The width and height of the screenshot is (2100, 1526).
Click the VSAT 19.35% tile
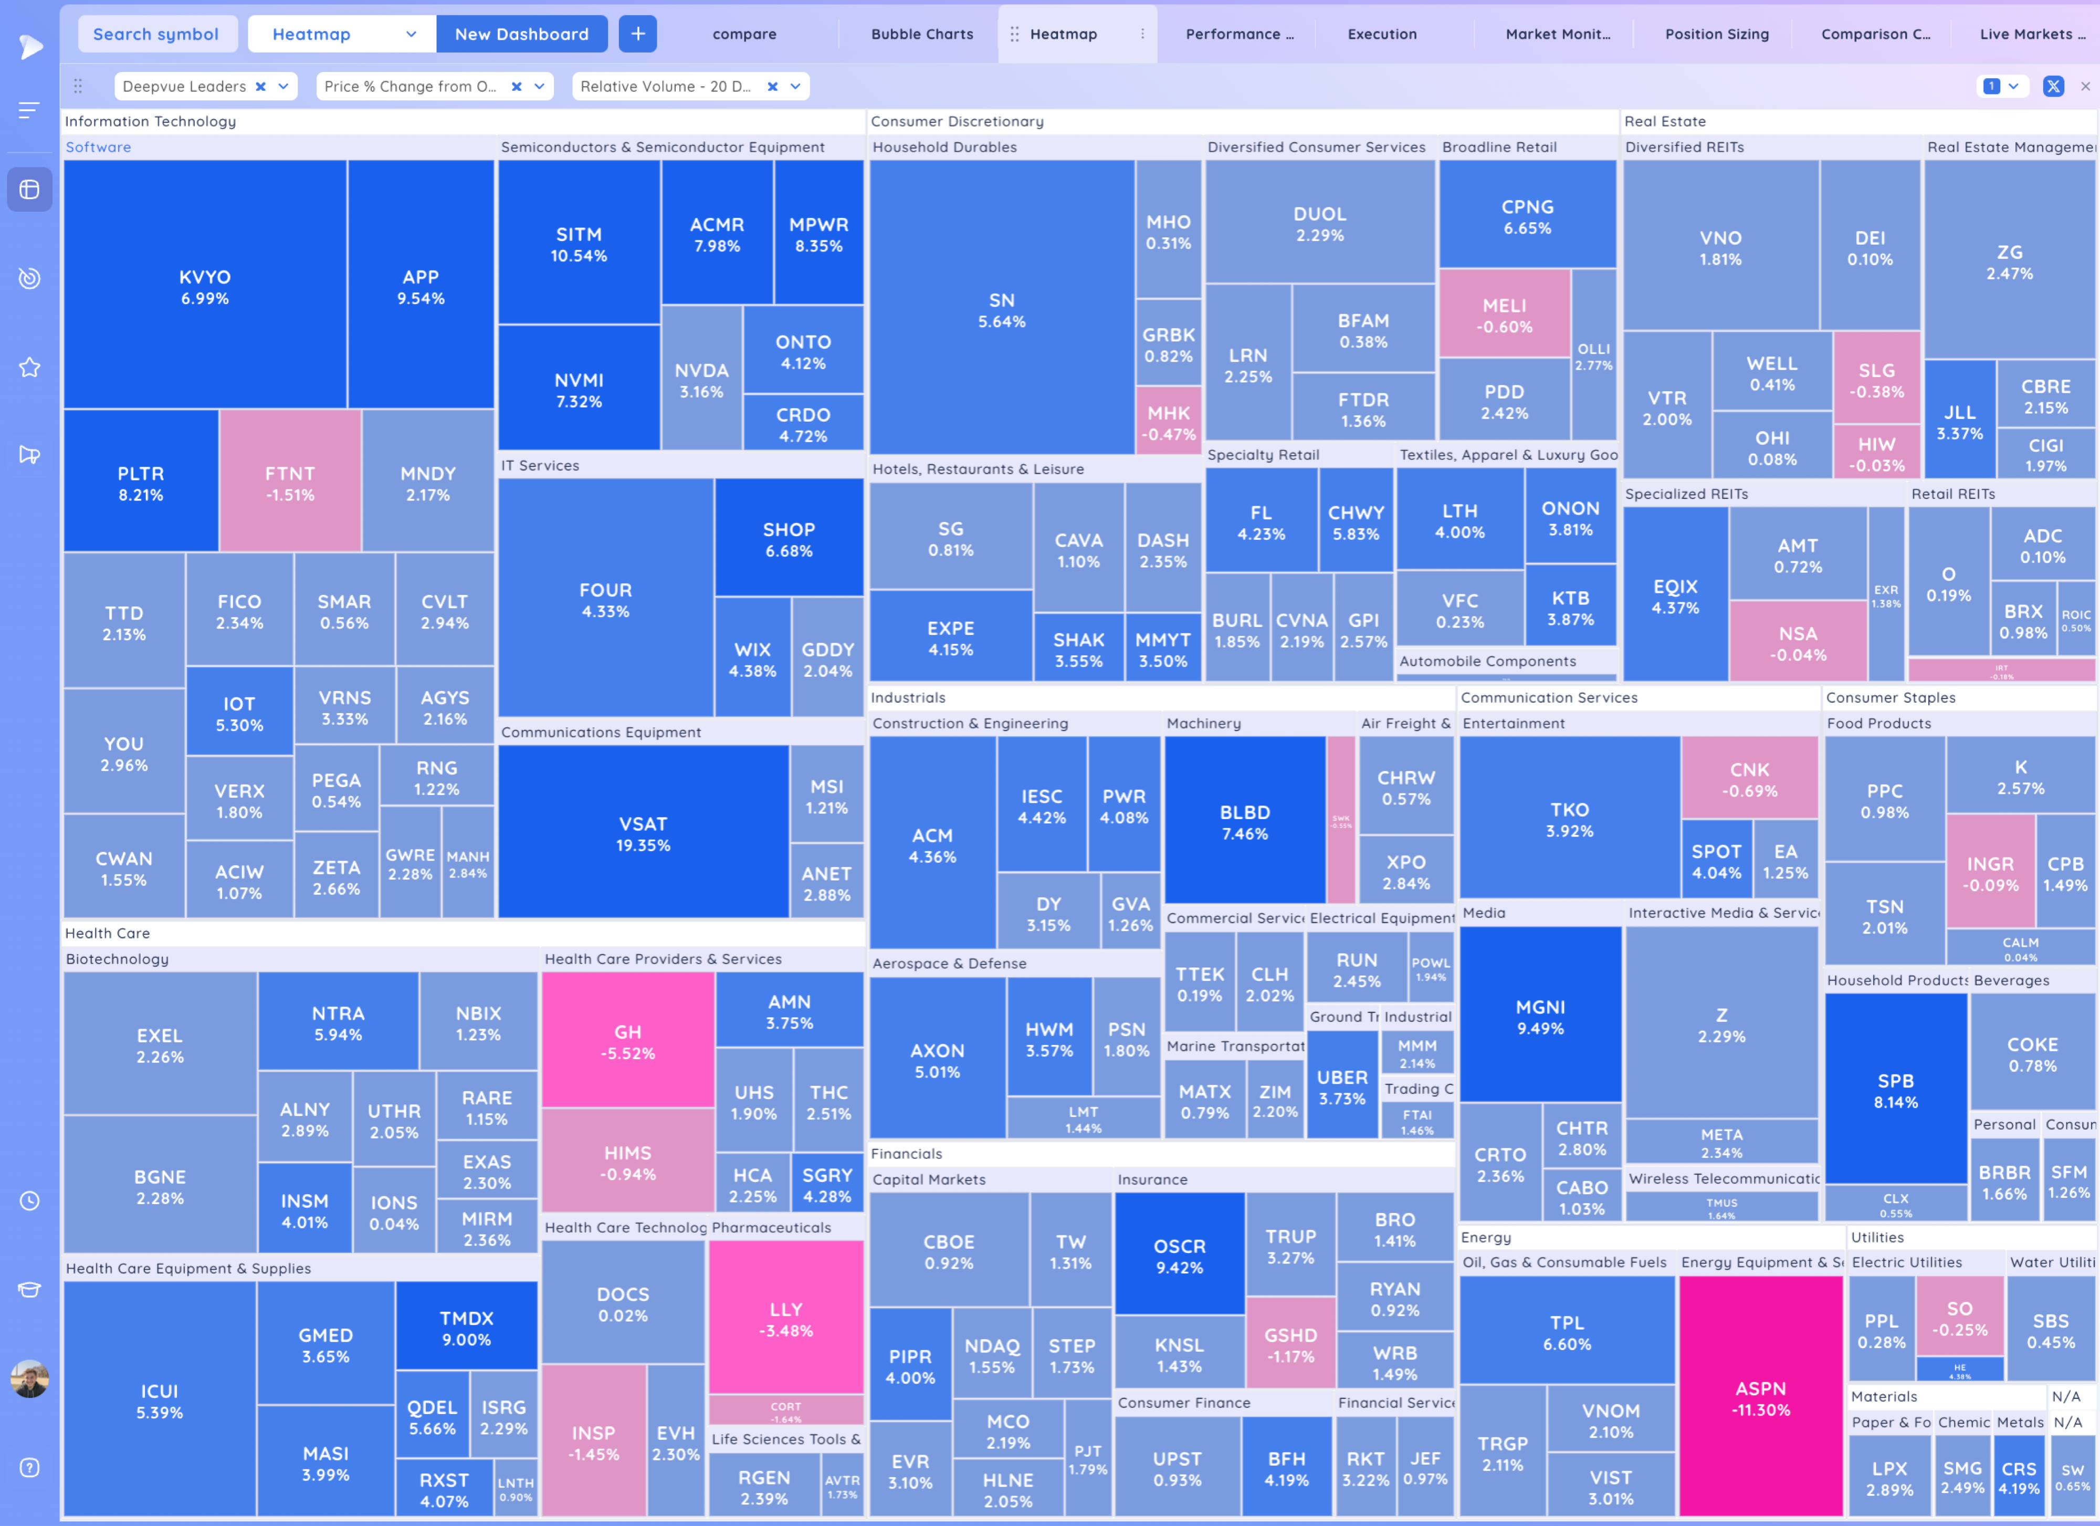[x=644, y=833]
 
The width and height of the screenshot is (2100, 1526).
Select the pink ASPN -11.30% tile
[x=1760, y=1398]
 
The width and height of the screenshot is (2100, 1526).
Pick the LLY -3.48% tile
[x=785, y=1319]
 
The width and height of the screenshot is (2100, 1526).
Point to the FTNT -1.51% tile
[x=290, y=483]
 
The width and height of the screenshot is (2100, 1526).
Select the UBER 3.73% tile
[x=1342, y=1087]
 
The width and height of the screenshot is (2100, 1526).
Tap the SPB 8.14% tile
[x=1895, y=1091]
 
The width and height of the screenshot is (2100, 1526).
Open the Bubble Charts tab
[x=921, y=34]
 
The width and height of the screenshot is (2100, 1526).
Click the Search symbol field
[x=155, y=34]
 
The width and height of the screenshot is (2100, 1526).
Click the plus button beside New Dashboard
[x=638, y=34]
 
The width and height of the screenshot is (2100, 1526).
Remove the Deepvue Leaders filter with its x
[x=261, y=86]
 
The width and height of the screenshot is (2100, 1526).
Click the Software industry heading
[x=98, y=147]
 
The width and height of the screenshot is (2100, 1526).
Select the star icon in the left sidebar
[x=29, y=368]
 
